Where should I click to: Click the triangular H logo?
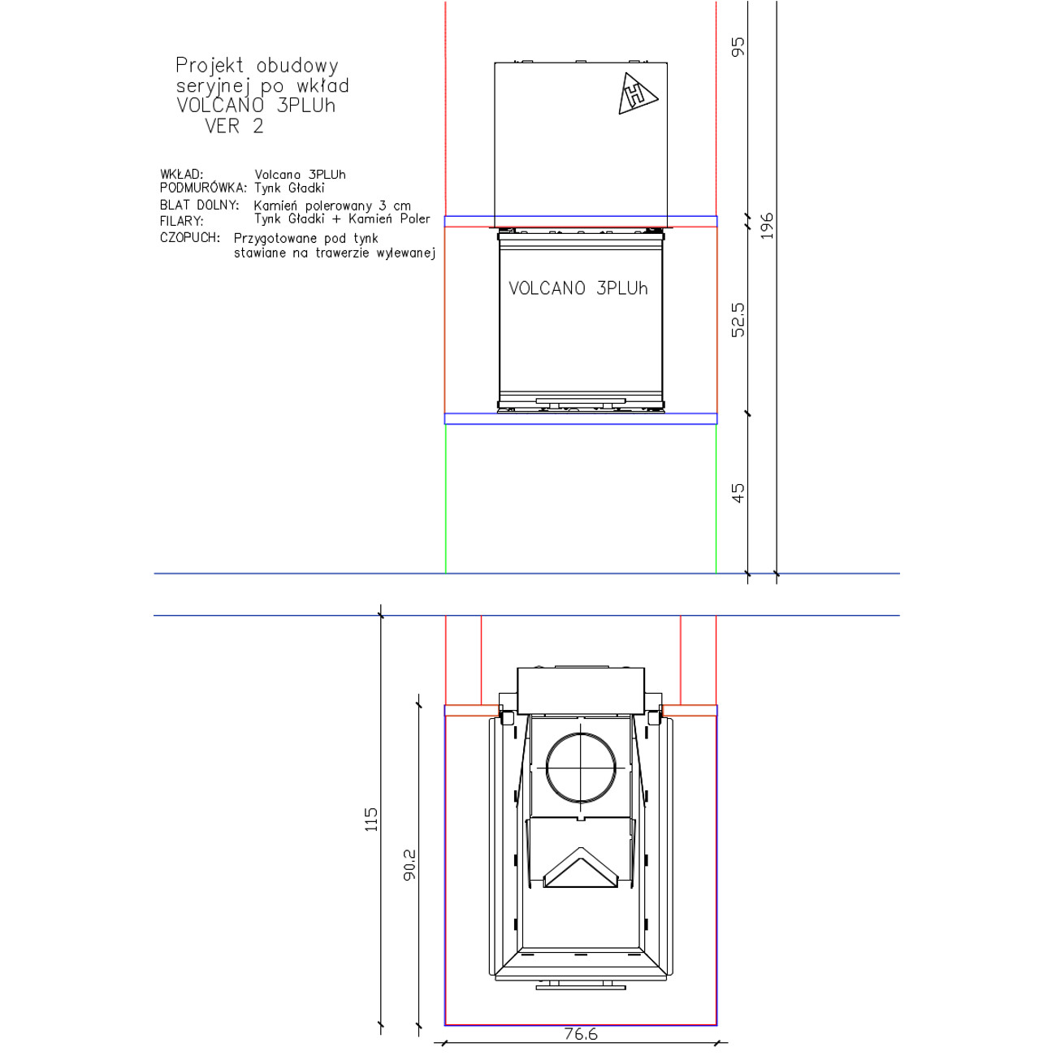tap(636, 94)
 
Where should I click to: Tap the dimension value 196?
tap(767, 226)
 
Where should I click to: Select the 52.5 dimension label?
tap(738, 319)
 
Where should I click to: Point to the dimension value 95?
tap(738, 46)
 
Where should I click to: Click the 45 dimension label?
tap(738, 492)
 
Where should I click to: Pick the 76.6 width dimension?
tap(580, 1033)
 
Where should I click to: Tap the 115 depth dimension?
tap(371, 820)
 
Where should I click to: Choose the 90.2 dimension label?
tap(409, 865)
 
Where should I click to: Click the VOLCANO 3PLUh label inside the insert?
tap(578, 288)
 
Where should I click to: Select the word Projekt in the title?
tap(210, 66)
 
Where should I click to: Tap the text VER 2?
tap(234, 126)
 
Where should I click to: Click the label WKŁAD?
tap(181, 175)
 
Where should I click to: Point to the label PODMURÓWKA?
tap(203, 188)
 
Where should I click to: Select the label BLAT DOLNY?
tap(200, 205)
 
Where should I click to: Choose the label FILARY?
tap(181, 222)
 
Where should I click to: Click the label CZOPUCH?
tap(189, 238)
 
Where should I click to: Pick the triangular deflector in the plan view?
tap(580, 868)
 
